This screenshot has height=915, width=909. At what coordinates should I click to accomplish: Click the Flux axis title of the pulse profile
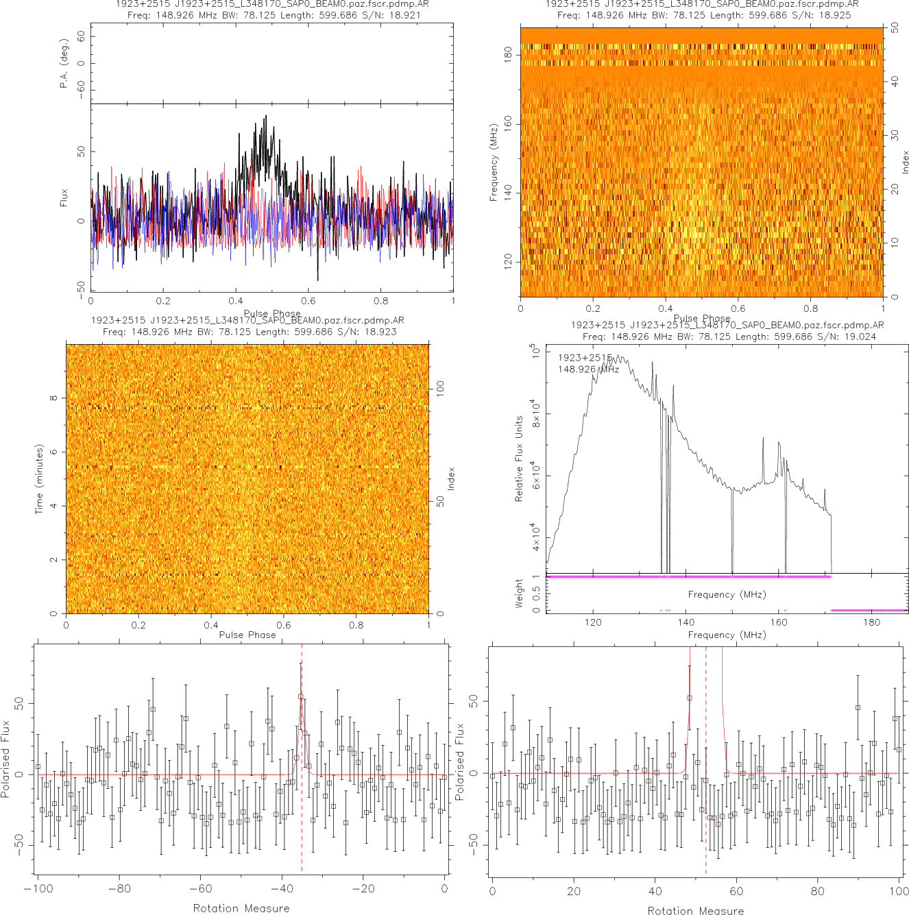[x=64, y=197]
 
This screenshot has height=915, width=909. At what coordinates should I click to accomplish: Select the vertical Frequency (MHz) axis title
[x=493, y=162]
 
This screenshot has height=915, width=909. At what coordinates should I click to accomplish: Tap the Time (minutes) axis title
[x=39, y=479]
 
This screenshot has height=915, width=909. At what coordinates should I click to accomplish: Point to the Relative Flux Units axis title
[x=519, y=459]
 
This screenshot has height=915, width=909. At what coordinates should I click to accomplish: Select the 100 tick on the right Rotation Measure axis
[x=899, y=891]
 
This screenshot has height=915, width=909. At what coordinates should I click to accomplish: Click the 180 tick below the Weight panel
[x=871, y=622]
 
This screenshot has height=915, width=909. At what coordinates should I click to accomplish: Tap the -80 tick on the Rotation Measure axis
[x=119, y=889]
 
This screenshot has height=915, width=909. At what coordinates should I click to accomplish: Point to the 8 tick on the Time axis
[x=53, y=398]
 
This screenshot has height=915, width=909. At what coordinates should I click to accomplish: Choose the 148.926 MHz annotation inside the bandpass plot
[x=588, y=369]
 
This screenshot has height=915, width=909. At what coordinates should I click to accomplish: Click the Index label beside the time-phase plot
[x=451, y=478]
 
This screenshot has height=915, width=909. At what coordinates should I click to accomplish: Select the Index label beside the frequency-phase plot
[x=905, y=162]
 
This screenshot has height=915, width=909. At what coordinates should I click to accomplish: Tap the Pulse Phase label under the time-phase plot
[x=247, y=635]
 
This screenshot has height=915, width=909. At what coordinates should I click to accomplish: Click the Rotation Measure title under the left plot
[x=241, y=908]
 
